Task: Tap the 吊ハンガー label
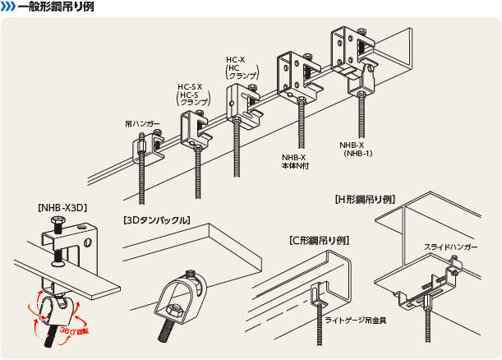(x=142, y=123)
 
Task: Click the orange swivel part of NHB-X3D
(x=50, y=307)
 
